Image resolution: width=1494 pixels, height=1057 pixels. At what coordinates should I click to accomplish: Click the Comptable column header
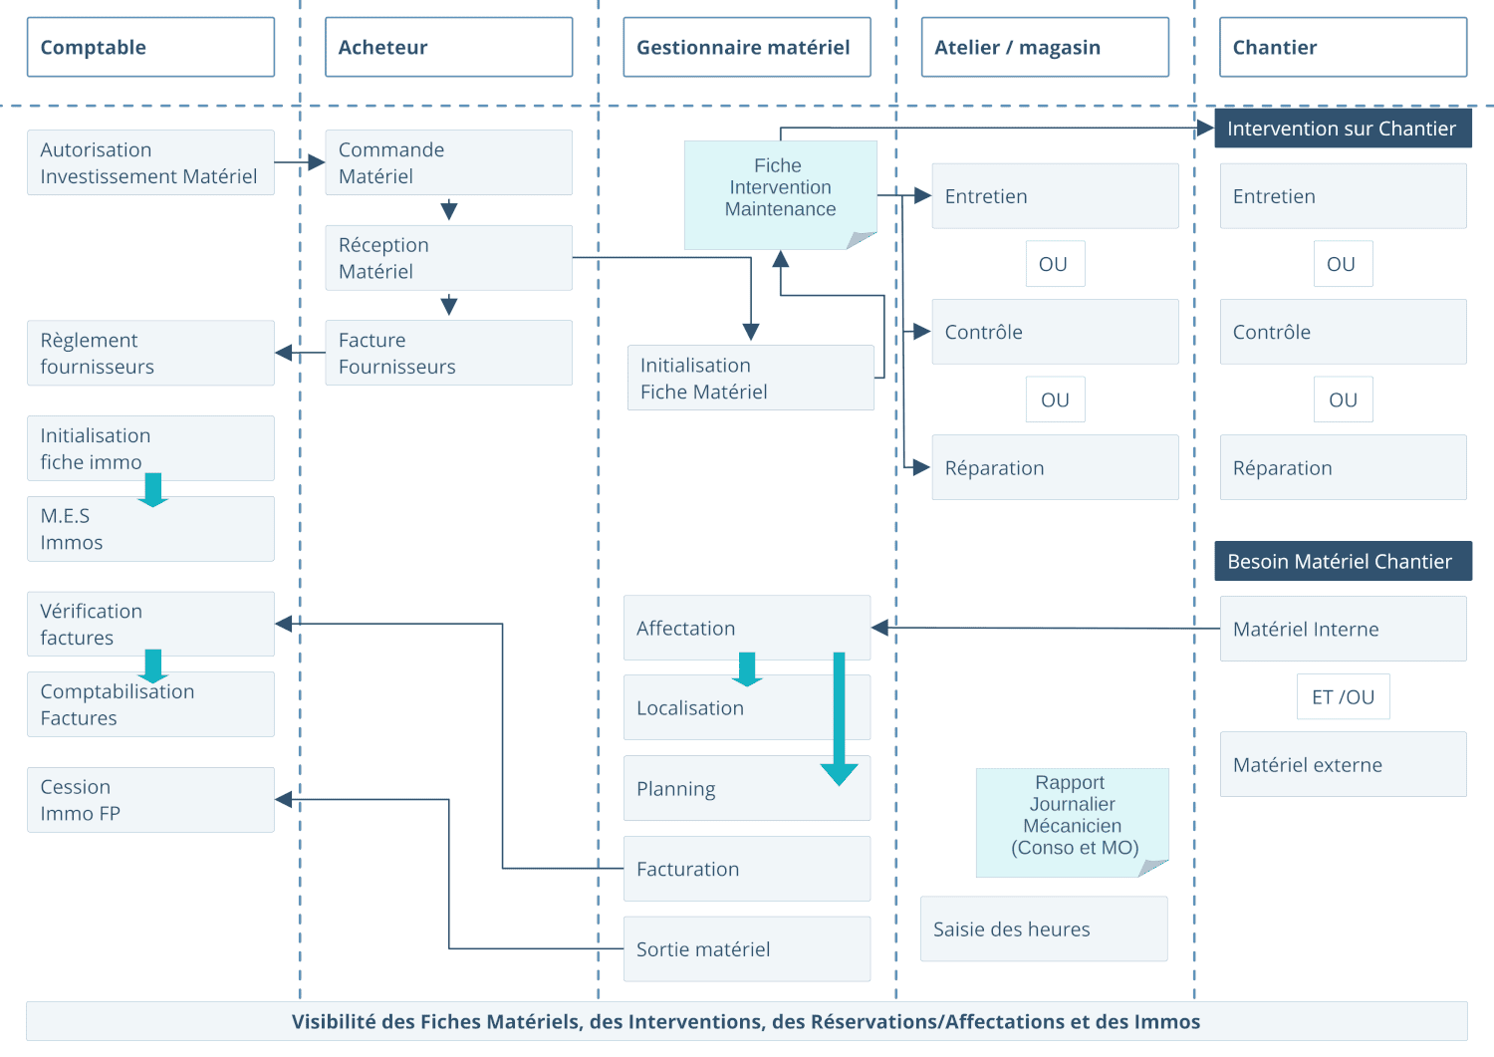(x=150, y=47)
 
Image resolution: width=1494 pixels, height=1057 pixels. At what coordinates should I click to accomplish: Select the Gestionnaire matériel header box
(x=746, y=47)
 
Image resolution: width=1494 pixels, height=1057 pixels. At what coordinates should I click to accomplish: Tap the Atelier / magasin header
(x=1045, y=47)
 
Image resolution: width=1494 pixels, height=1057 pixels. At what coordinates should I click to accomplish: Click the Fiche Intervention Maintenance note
(x=780, y=188)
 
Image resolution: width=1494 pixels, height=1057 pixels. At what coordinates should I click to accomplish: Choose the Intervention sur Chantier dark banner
(x=1342, y=129)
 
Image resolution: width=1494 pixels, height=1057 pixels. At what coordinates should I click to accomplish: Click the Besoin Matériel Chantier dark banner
(x=1342, y=561)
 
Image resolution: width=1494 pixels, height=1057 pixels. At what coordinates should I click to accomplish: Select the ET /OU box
(x=1343, y=696)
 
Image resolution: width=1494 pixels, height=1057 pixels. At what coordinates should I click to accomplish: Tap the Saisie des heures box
(x=1043, y=928)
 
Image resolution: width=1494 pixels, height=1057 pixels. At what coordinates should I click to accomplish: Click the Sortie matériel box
(x=746, y=948)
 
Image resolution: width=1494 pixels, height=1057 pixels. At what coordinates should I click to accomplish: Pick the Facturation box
(x=746, y=869)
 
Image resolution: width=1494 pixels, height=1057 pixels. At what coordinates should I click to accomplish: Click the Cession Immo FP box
(x=150, y=799)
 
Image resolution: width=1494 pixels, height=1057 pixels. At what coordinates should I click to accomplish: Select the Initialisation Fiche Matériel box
(x=750, y=378)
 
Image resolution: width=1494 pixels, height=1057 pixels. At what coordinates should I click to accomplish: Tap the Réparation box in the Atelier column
(x=1055, y=467)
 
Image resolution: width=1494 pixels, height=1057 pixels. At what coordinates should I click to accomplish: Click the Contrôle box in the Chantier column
(x=1343, y=332)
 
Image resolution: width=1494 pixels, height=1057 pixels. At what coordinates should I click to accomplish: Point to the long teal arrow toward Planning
(x=839, y=717)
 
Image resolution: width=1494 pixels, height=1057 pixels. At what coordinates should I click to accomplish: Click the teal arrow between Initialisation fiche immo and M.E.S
(x=152, y=489)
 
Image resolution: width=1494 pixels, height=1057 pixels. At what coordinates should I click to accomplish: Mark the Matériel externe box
(x=1343, y=764)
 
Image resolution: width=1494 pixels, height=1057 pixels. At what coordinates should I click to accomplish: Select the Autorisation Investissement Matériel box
(x=150, y=162)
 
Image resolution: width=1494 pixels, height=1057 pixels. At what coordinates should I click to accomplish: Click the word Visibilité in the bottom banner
(x=334, y=1021)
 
